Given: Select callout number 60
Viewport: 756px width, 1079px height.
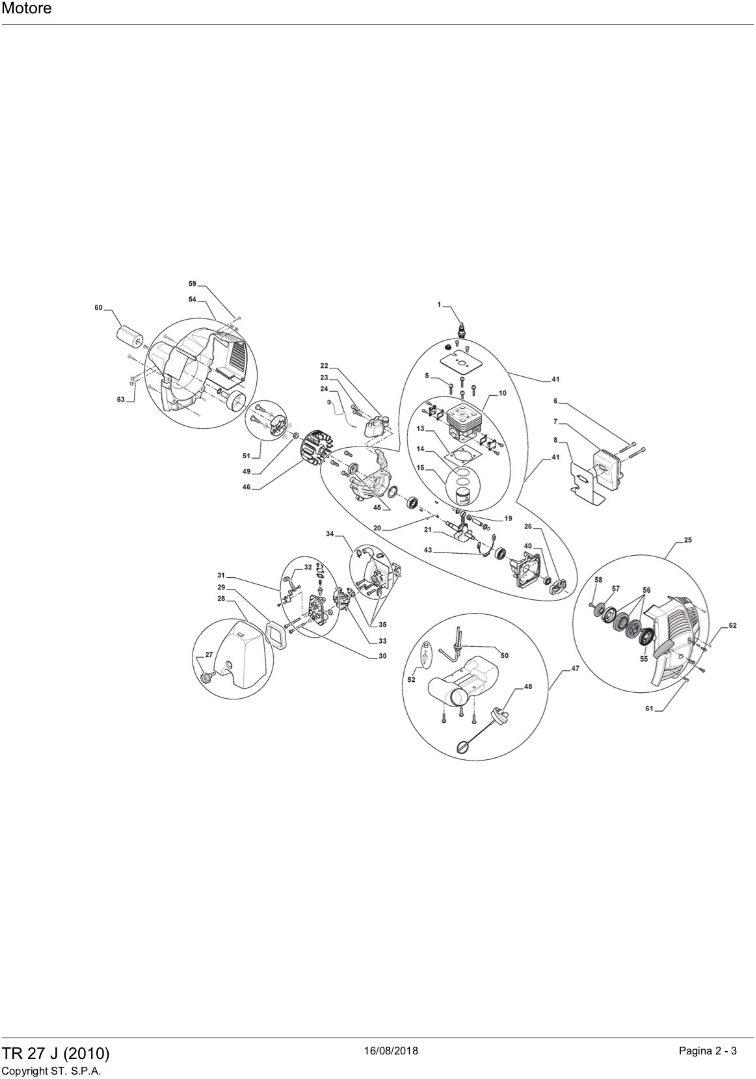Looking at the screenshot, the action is pyautogui.click(x=98, y=307).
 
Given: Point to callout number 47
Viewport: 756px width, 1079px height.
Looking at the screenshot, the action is pyautogui.click(x=575, y=668).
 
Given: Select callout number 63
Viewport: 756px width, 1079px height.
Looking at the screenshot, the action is pyautogui.click(x=121, y=399).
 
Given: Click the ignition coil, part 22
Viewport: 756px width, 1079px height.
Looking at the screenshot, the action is pyautogui.click(x=377, y=426).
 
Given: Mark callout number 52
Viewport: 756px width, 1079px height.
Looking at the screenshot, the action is pyautogui.click(x=412, y=680).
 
